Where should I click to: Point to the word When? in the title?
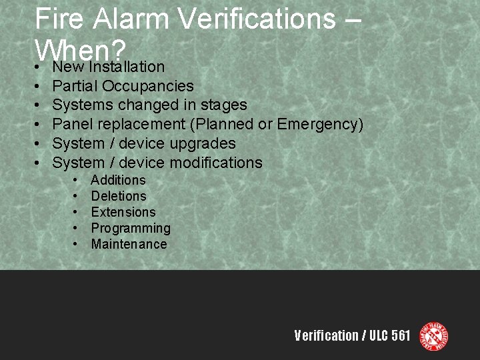pyautogui.click(x=81, y=51)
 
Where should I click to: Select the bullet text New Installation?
pyautogui.click(x=108, y=67)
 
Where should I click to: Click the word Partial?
pyautogui.click(x=75, y=86)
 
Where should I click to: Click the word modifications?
pyautogui.click(x=216, y=163)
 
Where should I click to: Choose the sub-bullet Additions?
pyautogui.click(x=118, y=180)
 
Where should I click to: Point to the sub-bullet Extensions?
pyautogui.click(x=123, y=212)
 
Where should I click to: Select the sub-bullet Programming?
pyautogui.click(x=131, y=228)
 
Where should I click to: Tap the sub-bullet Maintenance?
pyautogui.click(x=129, y=244)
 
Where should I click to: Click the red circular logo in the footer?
pyautogui.click(x=433, y=336)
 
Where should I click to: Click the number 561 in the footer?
pyautogui.click(x=400, y=336)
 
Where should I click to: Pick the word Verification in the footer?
pyautogui.click(x=326, y=336)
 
